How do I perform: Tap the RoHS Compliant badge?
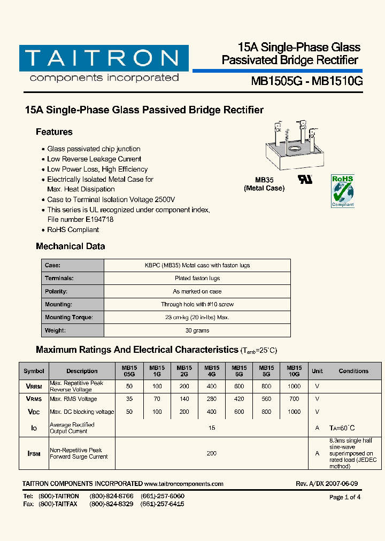tap(342, 190)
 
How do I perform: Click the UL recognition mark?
tap(305, 179)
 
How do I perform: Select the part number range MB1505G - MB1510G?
tap(307, 81)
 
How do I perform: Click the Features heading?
tap(54, 132)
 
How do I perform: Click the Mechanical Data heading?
tap(70, 246)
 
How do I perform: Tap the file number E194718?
tap(99, 219)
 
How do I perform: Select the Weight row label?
tap(56, 330)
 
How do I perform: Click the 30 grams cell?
tap(197, 330)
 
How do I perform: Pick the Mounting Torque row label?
tap(68, 318)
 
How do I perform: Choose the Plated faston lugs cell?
tap(197, 279)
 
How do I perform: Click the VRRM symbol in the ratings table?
tap(34, 386)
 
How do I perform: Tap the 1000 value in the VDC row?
tap(294, 412)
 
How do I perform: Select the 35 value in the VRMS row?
tap(129, 399)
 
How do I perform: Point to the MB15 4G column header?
tap(212, 371)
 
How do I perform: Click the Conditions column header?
tap(353, 371)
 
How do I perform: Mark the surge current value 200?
tap(212, 453)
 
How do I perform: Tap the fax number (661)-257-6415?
tap(163, 504)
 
